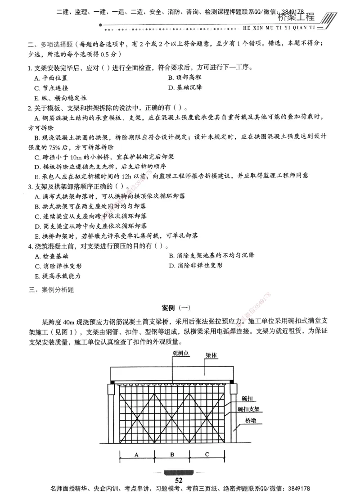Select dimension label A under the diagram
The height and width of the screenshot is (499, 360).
[136, 455]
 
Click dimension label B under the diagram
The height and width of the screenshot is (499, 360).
[172, 455]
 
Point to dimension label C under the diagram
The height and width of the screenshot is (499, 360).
[207, 455]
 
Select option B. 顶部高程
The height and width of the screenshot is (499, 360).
[184, 77]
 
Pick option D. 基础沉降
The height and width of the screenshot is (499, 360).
[184, 87]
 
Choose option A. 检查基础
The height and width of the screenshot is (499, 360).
[51, 256]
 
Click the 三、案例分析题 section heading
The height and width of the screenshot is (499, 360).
[51, 290]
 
